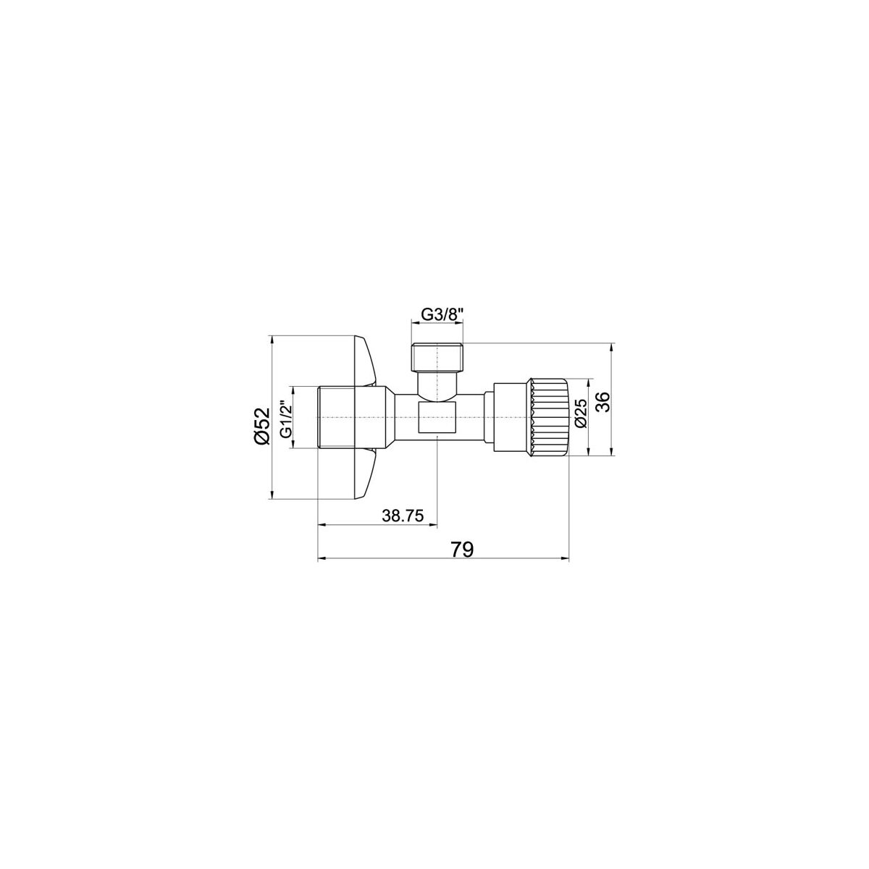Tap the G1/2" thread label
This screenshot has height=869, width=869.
287,419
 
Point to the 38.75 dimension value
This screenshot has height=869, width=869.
403,516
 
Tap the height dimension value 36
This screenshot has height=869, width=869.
603,401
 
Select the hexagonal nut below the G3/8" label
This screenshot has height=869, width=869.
437,356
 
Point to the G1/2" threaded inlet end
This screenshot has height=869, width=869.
335,417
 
